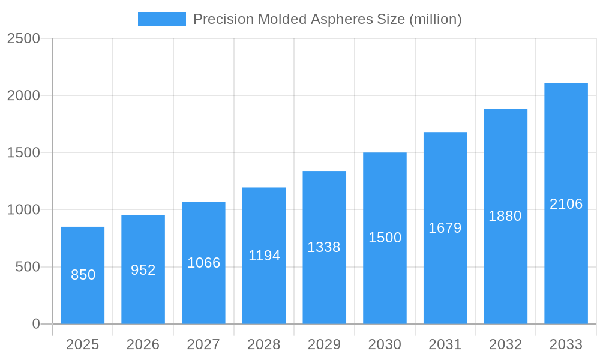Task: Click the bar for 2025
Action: [83, 275]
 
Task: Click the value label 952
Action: [143, 270]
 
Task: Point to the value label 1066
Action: [204, 263]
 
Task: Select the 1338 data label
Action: [324, 247]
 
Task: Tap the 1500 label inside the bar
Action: [385, 238]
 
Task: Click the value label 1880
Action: [505, 216]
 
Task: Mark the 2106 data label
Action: [566, 204]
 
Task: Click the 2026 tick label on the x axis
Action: [143, 344]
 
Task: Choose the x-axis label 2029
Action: [324, 344]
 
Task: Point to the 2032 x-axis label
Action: [505, 344]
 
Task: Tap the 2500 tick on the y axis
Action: [23, 38]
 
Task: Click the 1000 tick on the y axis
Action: [23, 210]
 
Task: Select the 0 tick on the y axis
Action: [35, 324]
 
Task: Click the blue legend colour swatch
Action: [162, 19]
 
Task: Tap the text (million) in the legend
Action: [435, 19]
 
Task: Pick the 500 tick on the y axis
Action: [28, 267]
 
